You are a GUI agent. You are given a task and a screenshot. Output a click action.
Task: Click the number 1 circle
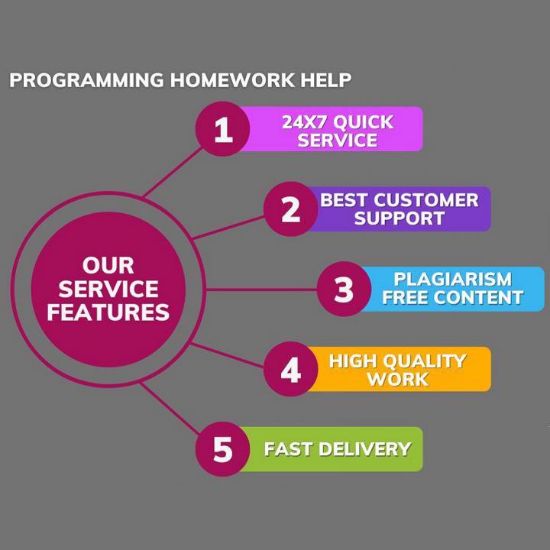coord(223,129)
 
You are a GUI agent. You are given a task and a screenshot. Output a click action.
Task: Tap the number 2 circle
coord(291,209)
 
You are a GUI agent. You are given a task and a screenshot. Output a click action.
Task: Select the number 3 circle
coord(344,289)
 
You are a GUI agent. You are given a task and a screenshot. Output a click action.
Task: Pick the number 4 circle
coord(291,369)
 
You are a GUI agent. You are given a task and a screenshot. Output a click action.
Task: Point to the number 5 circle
coord(223,449)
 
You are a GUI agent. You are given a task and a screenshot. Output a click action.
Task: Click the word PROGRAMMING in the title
coord(86,80)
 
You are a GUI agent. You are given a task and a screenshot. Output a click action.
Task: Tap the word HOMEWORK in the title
coord(232,80)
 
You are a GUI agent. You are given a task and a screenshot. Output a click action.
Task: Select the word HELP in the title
coord(326,80)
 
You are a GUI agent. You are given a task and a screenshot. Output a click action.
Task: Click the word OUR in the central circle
coord(108,266)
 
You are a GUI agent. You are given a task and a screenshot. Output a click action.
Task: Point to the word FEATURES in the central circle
coord(108,312)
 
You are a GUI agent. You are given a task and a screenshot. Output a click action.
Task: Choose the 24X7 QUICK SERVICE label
coord(338,131)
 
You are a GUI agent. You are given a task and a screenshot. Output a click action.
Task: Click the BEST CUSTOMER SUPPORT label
coord(400,209)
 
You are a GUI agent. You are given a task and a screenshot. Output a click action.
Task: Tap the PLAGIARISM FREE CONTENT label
coord(453,288)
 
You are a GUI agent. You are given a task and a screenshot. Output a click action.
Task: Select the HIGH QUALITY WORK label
coord(398,370)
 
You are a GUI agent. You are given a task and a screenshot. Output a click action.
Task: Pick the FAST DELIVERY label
coord(338,449)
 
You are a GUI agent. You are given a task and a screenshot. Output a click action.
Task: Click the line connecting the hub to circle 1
coord(173,172)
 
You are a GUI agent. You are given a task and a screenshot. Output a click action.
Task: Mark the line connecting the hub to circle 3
coord(261,290)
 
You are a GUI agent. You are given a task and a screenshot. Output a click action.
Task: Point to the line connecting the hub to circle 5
coord(170,408)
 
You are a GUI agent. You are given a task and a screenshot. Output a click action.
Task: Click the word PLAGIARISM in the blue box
coord(453,280)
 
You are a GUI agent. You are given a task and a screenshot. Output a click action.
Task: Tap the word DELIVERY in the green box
coord(365,449)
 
